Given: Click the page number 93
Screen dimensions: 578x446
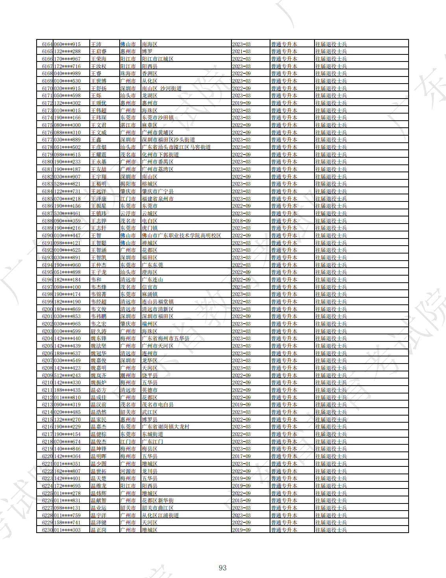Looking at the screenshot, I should [x=222, y=568].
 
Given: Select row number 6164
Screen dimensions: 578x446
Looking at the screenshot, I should [x=47, y=44].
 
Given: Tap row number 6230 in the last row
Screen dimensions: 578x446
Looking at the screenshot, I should [x=47, y=530].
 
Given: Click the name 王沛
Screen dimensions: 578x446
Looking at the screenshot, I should [x=96, y=44].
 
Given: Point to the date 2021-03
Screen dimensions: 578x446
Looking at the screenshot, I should [x=241, y=52].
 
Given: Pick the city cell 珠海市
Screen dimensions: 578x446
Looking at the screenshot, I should [x=128, y=74].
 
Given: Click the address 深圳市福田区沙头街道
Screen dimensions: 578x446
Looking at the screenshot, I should [x=168, y=140].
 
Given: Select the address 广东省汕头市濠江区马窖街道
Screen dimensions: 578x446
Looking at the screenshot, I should [x=176, y=147].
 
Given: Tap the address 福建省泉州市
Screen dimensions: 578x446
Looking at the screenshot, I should [x=157, y=199].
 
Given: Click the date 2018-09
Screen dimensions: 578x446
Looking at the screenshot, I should [x=241, y=221].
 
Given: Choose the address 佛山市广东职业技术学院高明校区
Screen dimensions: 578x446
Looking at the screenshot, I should [x=181, y=235].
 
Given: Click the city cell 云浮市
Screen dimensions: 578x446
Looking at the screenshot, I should [x=128, y=213].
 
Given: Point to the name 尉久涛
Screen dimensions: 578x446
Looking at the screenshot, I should [x=98, y=331].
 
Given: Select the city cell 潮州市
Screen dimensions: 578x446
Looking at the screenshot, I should [x=128, y=375].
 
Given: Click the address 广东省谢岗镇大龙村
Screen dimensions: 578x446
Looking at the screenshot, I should [x=165, y=427].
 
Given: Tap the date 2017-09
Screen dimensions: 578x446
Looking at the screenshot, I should [x=241, y=456].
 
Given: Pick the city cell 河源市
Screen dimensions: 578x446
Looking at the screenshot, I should [x=128, y=471].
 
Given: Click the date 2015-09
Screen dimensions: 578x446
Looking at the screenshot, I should [x=241, y=500].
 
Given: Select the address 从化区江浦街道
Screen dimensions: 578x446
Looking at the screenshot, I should [x=160, y=515].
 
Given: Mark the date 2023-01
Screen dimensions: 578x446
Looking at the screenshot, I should [x=241, y=464].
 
